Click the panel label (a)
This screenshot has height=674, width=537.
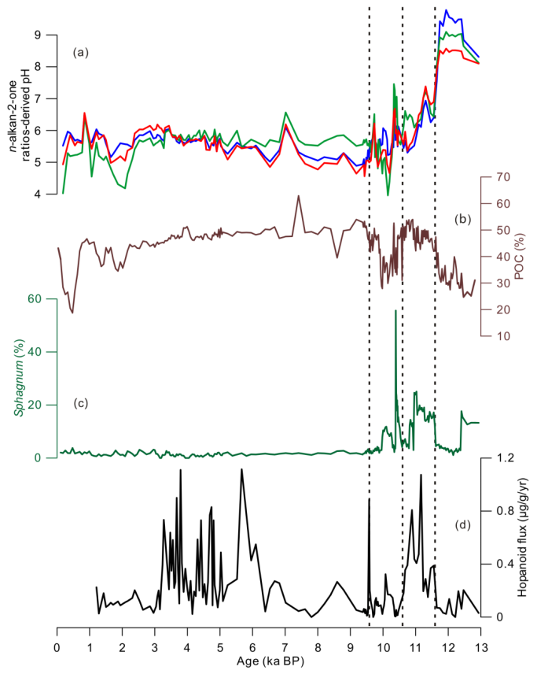click(81, 53)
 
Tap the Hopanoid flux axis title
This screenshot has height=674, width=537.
click(523, 539)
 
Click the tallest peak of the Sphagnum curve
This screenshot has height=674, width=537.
click(395, 311)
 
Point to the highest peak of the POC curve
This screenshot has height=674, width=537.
click(299, 196)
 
